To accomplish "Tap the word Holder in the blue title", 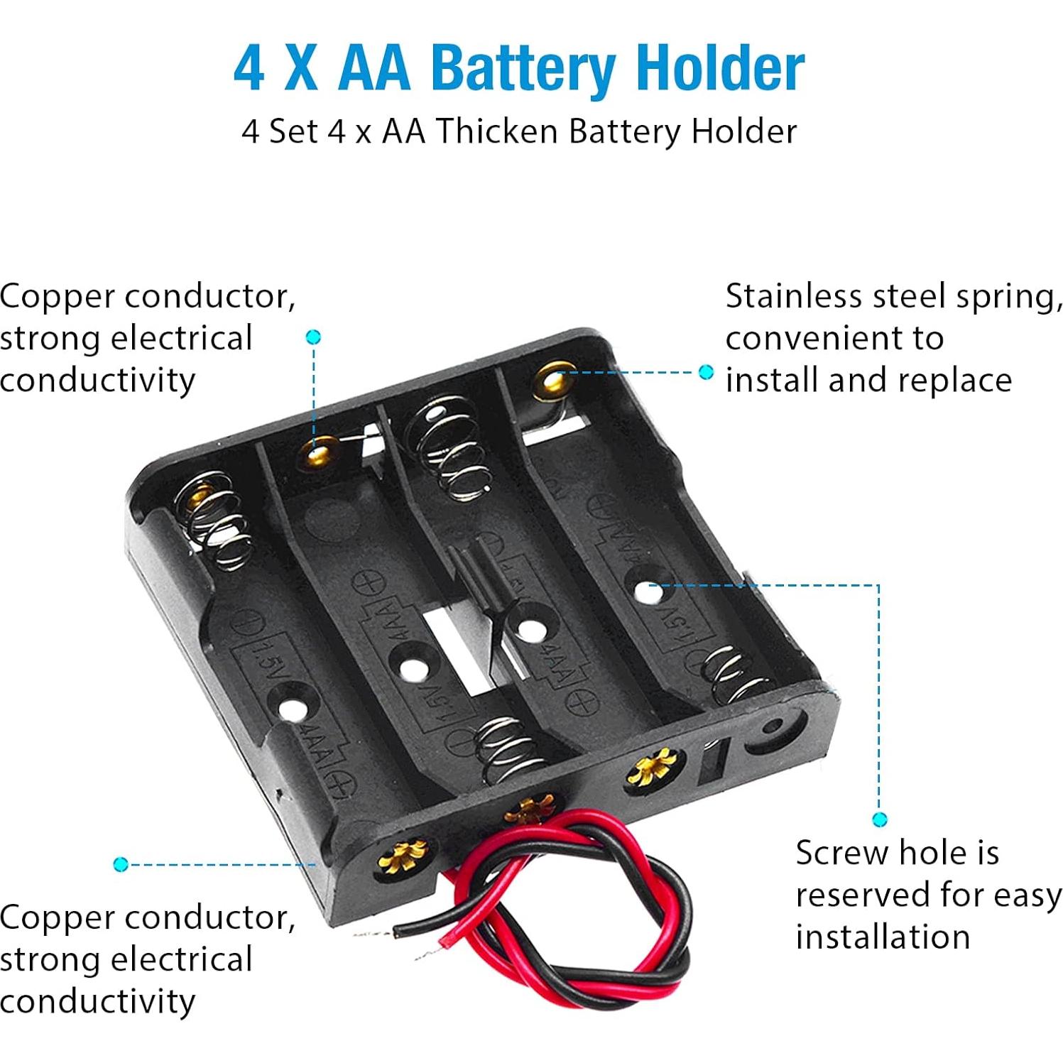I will (x=721, y=68).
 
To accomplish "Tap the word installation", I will (x=883, y=937).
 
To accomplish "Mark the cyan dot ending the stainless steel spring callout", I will (x=706, y=371).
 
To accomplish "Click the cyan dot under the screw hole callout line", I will (x=879, y=820).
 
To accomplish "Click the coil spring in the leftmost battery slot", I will (x=217, y=520).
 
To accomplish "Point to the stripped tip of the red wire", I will (x=429, y=952).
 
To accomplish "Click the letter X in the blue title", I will (x=301, y=69).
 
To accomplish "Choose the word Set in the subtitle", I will (x=293, y=131).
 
